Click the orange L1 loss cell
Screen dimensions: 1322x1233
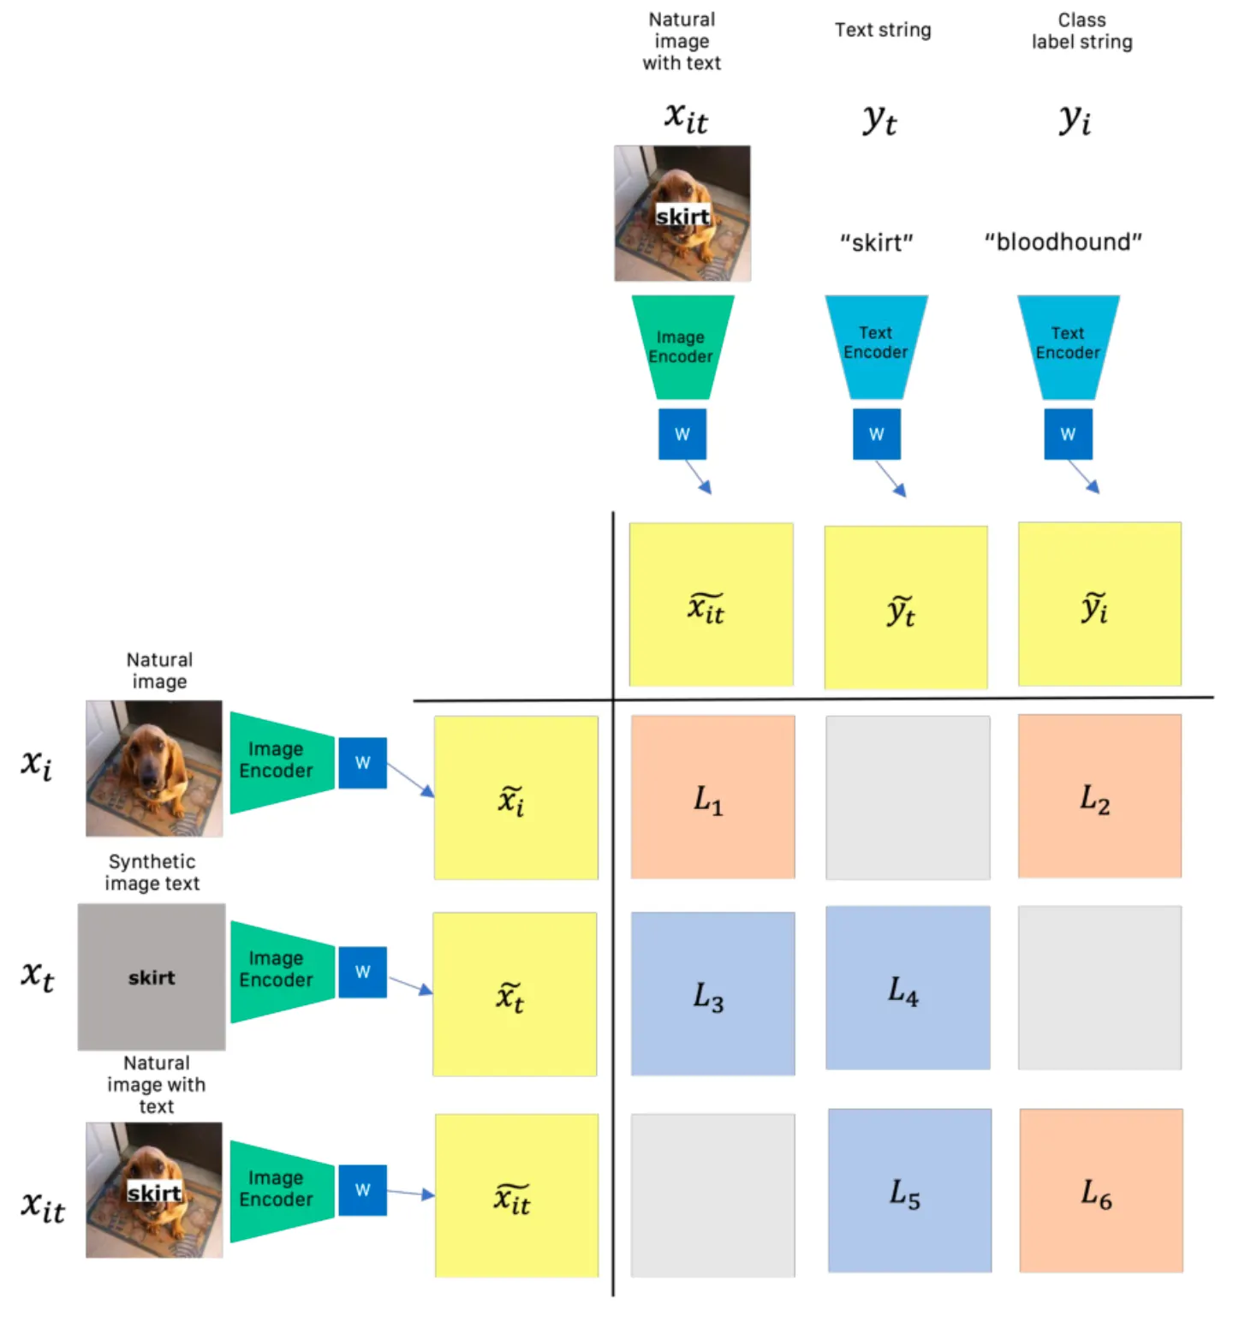tap(712, 797)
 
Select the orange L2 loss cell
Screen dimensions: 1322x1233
tap(1099, 796)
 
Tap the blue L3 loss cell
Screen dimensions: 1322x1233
tap(712, 993)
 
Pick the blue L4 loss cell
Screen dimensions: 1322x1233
tap(908, 988)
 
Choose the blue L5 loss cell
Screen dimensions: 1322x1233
tap(909, 1190)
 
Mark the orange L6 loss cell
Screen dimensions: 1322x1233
tap(1101, 1190)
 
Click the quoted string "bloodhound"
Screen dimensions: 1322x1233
tap(1063, 241)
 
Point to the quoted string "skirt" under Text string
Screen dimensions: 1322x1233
tap(876, 243)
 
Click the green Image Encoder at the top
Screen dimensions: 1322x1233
tap(682, 347)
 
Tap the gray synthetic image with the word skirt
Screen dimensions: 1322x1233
tap(152, 977)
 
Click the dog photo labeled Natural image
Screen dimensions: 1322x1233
tap(154, 768)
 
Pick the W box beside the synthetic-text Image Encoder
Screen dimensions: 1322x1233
tap(362, 972)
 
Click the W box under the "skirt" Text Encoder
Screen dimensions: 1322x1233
tap(876, 434)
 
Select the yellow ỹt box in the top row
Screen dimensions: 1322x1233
tap(905, 608)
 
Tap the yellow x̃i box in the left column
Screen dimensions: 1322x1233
tap(515, 798)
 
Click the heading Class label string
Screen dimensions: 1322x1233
tap(1081, 31)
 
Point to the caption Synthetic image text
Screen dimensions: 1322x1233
tap(152, 872)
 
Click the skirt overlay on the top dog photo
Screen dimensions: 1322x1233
tap(682, 216)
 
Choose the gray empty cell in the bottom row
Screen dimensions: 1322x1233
tap(712, 1195)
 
